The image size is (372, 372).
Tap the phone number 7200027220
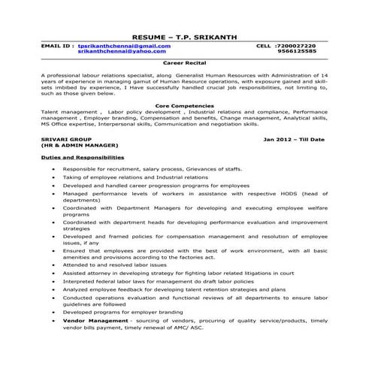pos(296,46)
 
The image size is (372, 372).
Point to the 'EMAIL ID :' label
pos(57,46)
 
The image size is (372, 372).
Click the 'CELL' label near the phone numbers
pos(263,46)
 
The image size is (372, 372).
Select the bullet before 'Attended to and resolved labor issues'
pos(53,265)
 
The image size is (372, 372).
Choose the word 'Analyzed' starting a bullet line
pos(77,288)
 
